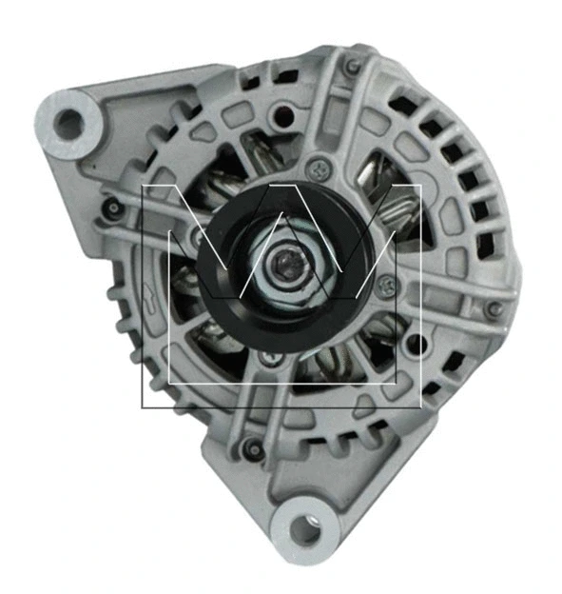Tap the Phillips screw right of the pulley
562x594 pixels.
[x=385, y=283]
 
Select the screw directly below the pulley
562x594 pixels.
[x=274, y=359]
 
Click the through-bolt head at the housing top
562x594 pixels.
[x=353, y=67]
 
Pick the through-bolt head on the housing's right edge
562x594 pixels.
[x=492, y=308]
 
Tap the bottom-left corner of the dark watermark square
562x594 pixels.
[x=143, y=407]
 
